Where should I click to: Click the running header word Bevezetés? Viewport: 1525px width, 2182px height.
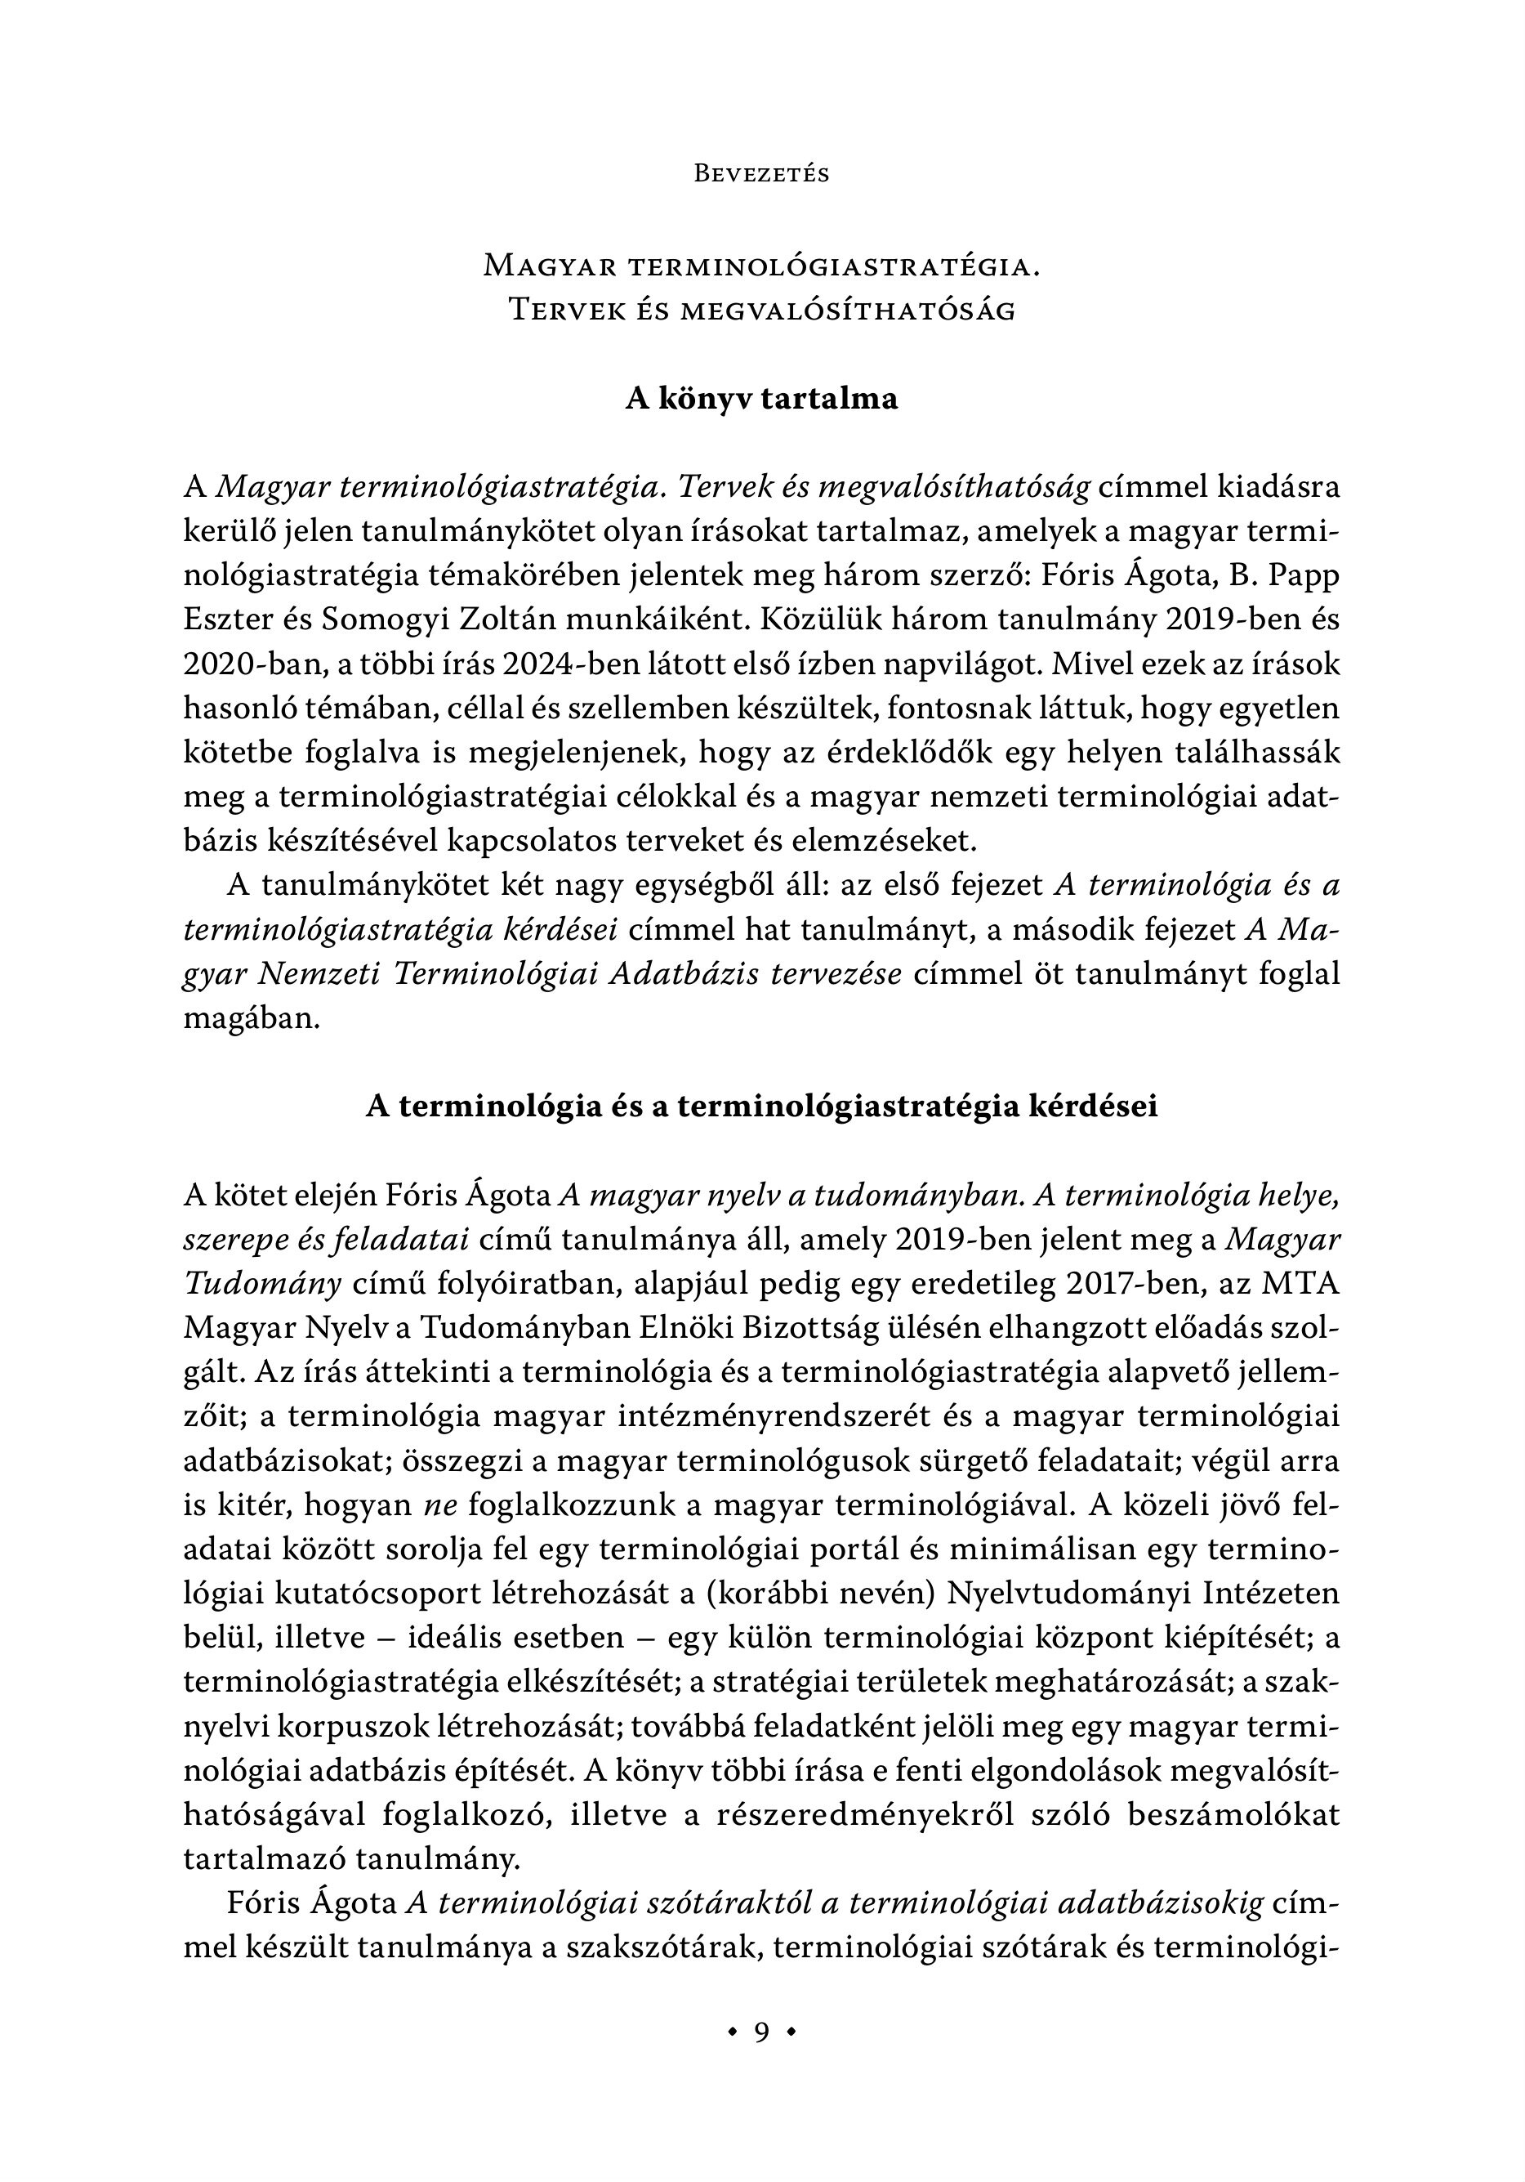pos(762,174)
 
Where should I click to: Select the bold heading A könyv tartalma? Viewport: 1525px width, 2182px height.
pos(761,399)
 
